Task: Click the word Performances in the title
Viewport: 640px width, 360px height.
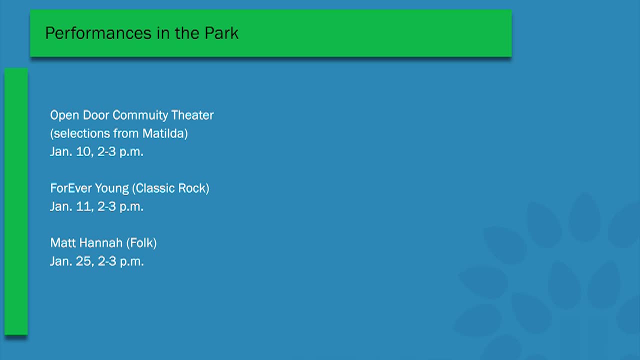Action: point(98,33)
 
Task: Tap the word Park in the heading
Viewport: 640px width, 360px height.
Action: point(221,33)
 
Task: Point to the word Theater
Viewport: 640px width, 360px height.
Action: point(192,115)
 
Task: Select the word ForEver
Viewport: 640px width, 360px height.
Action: point(71,188)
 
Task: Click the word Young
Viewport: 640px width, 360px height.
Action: point(112,189)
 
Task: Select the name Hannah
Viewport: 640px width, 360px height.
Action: point(101,243)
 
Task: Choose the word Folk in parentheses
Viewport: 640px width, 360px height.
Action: point(141,243)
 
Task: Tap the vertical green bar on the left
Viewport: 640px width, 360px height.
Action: point(16,201)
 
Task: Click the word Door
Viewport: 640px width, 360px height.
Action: point(96,115)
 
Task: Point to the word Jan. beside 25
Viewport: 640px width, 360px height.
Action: point(61,261)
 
